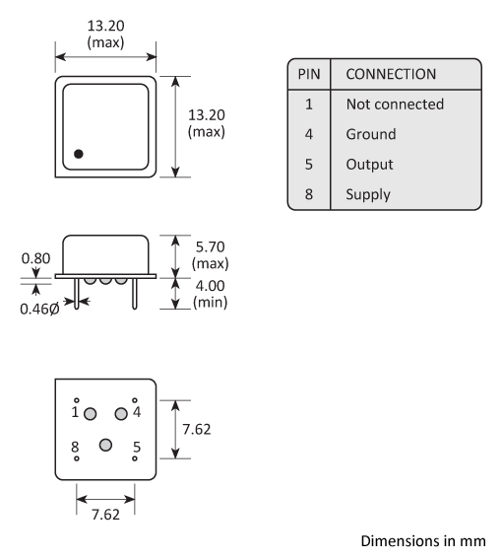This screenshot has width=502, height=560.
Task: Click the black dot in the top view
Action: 79,153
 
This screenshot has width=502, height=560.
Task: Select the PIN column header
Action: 307,75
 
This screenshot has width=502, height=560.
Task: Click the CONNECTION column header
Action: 391,75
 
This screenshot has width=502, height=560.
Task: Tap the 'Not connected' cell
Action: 395,105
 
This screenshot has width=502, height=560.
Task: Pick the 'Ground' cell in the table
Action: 371,134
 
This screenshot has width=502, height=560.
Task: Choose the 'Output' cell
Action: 369,164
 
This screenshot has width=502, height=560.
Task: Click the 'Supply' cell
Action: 368,194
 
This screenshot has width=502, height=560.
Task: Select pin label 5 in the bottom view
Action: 136,447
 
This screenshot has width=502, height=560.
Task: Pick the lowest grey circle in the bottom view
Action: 105,446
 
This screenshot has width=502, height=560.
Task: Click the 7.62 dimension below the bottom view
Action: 105,516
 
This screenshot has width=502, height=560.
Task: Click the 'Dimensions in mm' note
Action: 423,540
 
